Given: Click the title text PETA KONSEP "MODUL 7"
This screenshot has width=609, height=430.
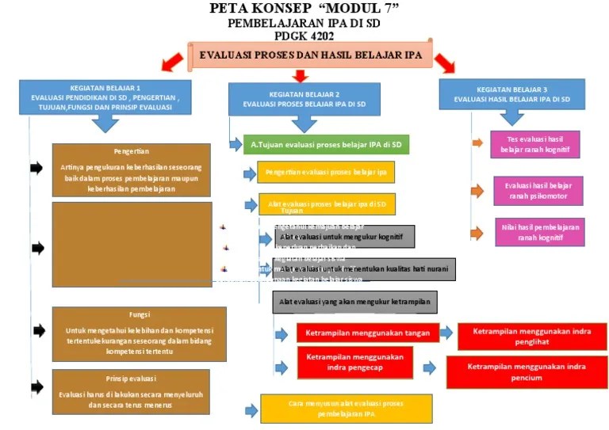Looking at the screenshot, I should pos(304,9).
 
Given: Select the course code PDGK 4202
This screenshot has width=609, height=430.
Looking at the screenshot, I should pos(304,36).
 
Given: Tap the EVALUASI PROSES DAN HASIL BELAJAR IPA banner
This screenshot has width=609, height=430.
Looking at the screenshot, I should pos(310,56).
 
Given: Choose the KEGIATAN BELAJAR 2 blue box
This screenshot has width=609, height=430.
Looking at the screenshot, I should pos(304,98).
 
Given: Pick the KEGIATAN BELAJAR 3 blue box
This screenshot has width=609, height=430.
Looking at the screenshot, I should pos(511,94).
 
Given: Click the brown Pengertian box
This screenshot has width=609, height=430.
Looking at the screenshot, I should pos(132,169).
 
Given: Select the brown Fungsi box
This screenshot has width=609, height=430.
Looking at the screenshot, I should pos(132,332).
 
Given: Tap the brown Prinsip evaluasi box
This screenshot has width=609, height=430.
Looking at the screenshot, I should pos(132,391).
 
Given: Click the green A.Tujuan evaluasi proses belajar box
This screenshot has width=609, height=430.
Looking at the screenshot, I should pos(326,145).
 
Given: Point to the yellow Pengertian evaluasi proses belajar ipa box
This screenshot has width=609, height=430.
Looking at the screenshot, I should pos(326,172).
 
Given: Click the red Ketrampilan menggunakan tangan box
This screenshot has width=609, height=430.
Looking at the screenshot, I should pos(367,333).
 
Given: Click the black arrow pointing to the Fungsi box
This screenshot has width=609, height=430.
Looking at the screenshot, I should pos(38,331).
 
